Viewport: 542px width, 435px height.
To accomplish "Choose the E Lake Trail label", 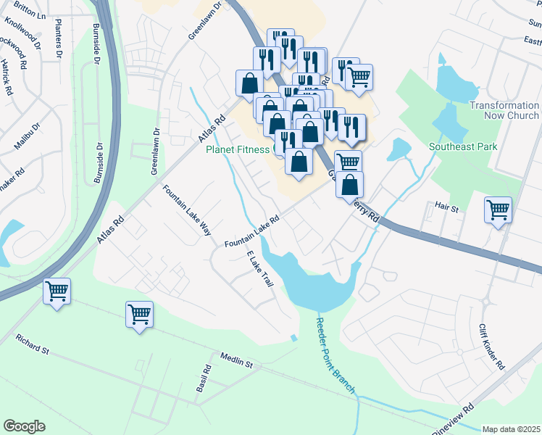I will click(x=259, y=270).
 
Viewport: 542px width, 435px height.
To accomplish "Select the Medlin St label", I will click(x=236, y=360).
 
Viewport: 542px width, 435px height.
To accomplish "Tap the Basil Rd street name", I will click(x=203, y=379).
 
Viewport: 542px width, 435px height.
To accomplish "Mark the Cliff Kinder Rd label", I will click(x=491, y=346).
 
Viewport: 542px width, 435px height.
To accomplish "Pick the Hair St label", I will click(x=447, y=208).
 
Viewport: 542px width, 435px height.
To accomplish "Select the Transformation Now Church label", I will click(x=504, y=110).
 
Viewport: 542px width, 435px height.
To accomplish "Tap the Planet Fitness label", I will click(x=238, y=150).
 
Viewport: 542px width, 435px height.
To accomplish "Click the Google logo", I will click(x=24, y=426).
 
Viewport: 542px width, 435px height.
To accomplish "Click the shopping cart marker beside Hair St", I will click(x=498, y=210).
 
